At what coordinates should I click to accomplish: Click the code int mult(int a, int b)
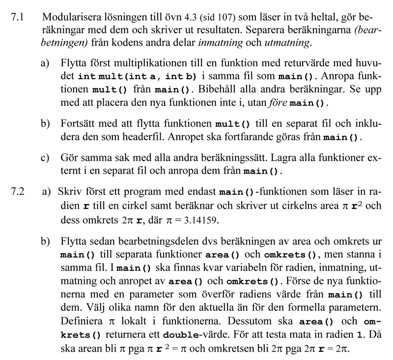[137, 77]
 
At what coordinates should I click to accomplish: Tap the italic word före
[278, 103]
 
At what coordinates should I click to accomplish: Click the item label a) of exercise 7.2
[48, 192]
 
